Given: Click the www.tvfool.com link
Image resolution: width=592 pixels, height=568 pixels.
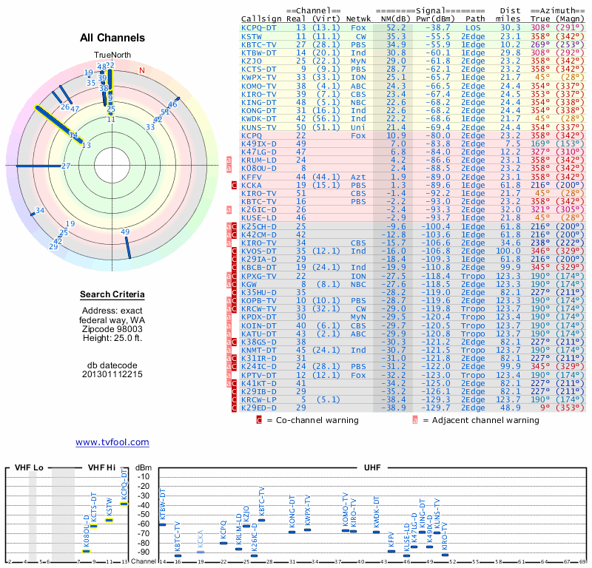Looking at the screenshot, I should coord(112,442).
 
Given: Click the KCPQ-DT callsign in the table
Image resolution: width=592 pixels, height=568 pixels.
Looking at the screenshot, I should coord(259,27).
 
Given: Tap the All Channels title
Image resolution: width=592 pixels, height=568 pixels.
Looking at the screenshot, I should coord(112,38).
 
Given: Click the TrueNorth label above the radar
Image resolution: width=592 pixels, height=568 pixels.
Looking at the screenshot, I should coord(112,56).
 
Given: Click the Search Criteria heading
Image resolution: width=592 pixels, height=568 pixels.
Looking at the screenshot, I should coord(112,295).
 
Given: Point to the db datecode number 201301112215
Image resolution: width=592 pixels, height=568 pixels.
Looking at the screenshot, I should coord(112,374).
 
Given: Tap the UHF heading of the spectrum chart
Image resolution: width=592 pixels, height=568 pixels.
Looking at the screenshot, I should coord(372,468).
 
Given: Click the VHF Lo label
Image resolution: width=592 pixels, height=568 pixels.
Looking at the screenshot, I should coord(30,468).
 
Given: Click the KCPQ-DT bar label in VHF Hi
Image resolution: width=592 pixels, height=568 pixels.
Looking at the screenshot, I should coord(124,484).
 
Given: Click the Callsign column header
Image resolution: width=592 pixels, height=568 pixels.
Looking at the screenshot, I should coord(261,18).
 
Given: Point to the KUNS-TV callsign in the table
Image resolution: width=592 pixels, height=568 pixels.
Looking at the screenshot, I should coord(259,127).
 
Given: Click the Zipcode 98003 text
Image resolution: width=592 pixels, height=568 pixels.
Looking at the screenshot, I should coord(112,328).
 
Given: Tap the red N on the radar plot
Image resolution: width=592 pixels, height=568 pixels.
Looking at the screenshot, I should coord(142,70).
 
